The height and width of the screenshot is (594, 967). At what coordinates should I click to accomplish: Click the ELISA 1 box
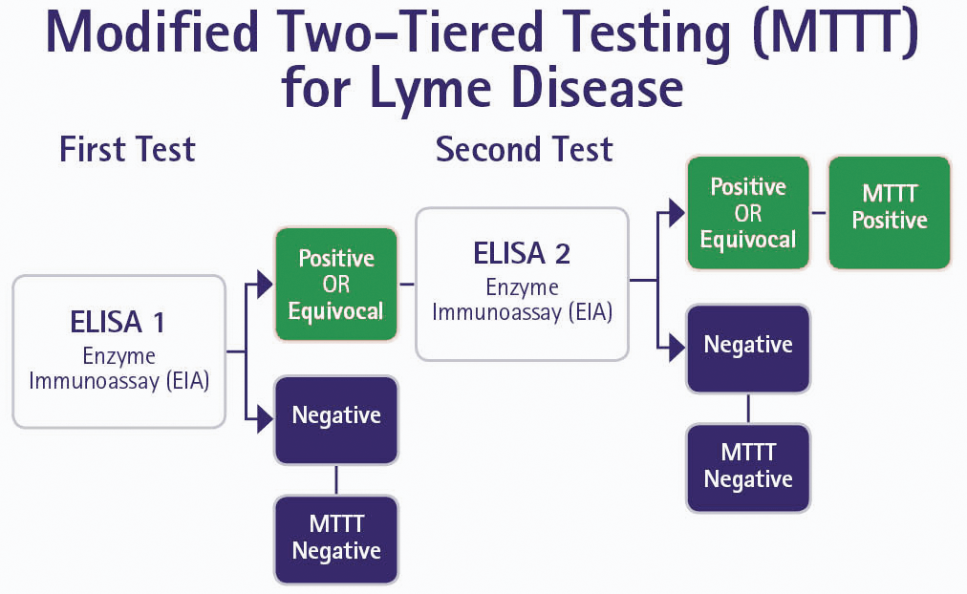click(118, 350)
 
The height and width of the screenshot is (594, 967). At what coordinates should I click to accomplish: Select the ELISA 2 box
click(522, 284)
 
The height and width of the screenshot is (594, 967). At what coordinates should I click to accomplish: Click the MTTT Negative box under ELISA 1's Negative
click(335, 539)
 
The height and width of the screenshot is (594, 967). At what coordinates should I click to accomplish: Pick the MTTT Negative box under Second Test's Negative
click(748, 466)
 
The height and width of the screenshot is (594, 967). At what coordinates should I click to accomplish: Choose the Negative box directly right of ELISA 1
click(335, 416)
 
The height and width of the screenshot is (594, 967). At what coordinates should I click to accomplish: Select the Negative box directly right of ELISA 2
click(748, 346)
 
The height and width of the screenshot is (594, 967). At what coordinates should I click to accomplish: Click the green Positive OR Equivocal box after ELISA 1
click(335, 285)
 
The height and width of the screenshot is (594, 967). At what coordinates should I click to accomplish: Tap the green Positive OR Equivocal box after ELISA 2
click(748, 212)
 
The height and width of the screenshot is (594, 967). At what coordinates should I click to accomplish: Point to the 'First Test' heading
click(127, 150)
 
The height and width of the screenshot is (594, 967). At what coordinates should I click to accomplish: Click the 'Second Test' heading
click(525, 150)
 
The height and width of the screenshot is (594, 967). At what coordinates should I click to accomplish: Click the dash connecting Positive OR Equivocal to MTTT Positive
click(819, 212)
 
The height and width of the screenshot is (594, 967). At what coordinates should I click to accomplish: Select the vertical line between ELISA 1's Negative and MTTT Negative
click(335, 479)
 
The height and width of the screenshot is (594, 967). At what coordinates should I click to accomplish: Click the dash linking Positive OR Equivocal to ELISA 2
click(406, 285)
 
